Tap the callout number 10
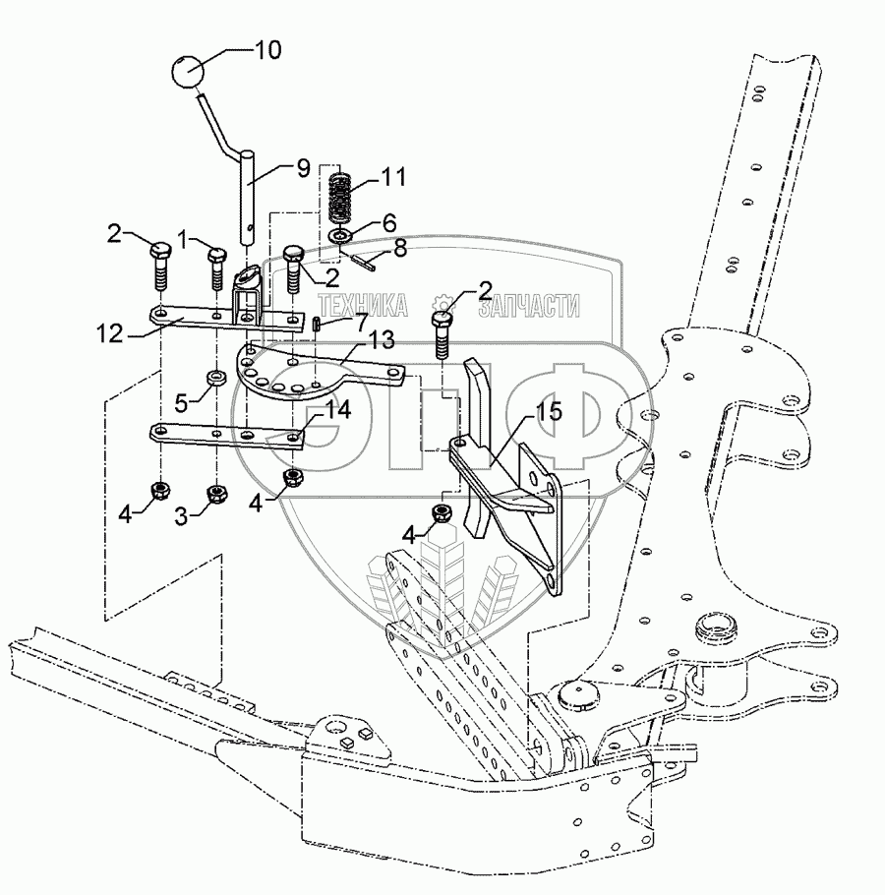(266, 49)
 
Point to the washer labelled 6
(339, 237)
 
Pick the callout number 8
(398, 249)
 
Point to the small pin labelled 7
(317, 323)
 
